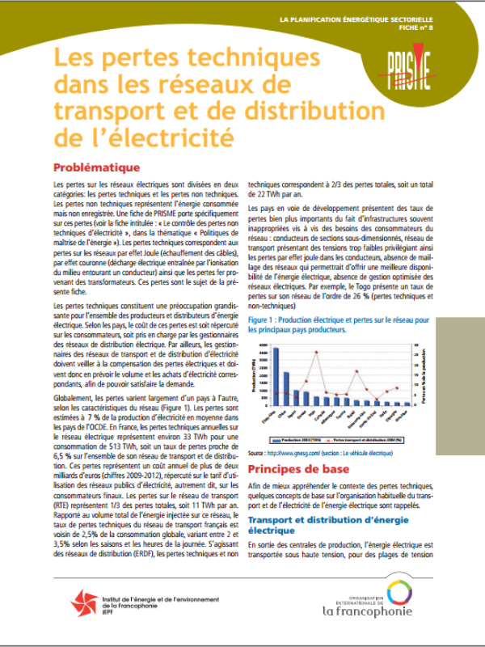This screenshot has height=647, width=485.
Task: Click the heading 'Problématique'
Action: [x=96, y=168]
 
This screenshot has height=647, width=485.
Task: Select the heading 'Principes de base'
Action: [x=299, y=469]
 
